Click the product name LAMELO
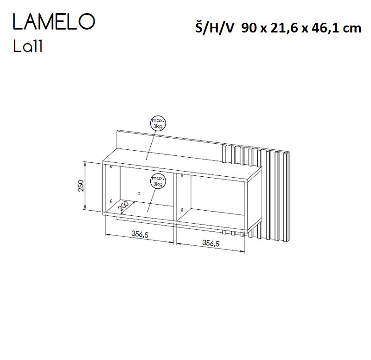[54, 21]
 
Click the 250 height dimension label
[80, 186]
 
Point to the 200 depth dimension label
[123, 205]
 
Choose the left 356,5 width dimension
[139, 235]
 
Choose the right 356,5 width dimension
[211, 242]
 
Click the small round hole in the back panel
[138, 193]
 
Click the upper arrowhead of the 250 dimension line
[85, 163]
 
